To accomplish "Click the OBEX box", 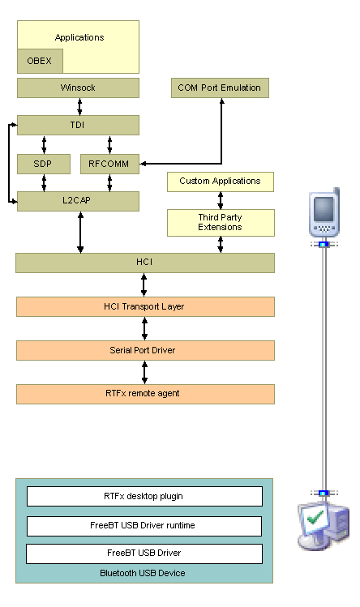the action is pyautogui.click(x=40, y=61).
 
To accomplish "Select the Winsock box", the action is pyautogui.click(x=78, y=88).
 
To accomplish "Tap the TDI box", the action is pyautogui.click(x=78, y=125).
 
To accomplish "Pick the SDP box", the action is pyautogui.click(x=44, y=164).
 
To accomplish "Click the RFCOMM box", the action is pyautogui.click(x=109, y=164).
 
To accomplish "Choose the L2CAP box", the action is pyautogui.click(x=78, y=201).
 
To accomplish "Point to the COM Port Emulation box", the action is pyautogui.click(x=220, y=88).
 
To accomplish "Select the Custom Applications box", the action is pyautogui.click(x=220, y=182).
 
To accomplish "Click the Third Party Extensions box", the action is pyautogui.click(x=221, y=223).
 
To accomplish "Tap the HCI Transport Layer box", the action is pyautogui.click(x=145, y=306).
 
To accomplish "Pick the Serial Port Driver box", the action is pyautogui.click(x=145, y=350).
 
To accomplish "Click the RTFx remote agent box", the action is pyautogui.click(x=145, y=394).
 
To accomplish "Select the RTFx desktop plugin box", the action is pyautogui.click(x=144, y=496).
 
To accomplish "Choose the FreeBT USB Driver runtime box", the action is pyautogui.click(x=144, y=526).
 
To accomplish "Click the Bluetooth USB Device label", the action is pyautogui.click(x=143, y=573).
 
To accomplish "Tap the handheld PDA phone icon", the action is pyautogui.click(x=324, y=212).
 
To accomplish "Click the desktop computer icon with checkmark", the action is pyautogui.click(x=324, y=526).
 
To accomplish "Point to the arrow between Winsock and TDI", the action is pyautogui.click(x=79, y=107).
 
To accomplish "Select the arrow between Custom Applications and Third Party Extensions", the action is pyautogui.click(x=221, y=200).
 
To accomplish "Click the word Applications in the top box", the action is pyautogui.click(x=79, y=37).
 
